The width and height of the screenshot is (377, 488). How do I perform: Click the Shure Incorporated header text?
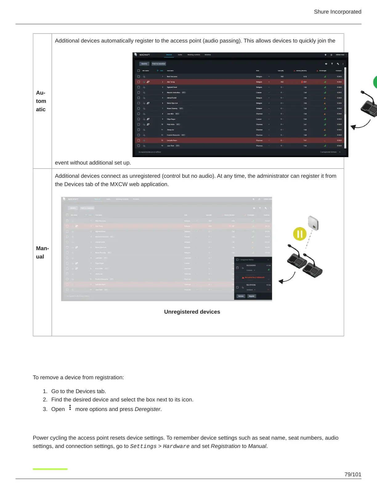coord(337,12)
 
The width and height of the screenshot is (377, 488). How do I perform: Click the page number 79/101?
coord(353,474)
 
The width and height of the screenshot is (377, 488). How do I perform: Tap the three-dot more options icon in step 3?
coord(70,408)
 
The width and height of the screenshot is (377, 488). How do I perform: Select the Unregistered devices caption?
coord(192,312)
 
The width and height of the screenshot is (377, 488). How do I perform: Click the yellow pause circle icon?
coord(300,234)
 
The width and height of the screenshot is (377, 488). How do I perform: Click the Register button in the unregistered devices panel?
coord(252,296)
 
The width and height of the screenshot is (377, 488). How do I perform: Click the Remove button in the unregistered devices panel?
coord(241,296)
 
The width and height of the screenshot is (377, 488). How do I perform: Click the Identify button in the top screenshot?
coord(144,64)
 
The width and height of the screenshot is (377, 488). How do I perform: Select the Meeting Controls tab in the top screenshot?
coord(194,55)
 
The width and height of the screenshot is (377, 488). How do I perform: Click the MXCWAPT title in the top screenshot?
coord(144,55)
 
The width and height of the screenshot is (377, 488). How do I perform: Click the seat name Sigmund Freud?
coord(172,87)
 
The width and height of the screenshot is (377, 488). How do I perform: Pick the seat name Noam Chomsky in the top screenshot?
coord(172,108)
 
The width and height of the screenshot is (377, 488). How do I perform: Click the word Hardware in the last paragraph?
coord(176,446)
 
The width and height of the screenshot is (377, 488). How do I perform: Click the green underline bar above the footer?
coord(50,469)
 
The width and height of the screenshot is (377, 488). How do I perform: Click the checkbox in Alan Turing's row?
coord(139,82)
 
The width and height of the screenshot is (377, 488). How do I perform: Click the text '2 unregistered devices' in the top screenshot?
coord(328,152)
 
